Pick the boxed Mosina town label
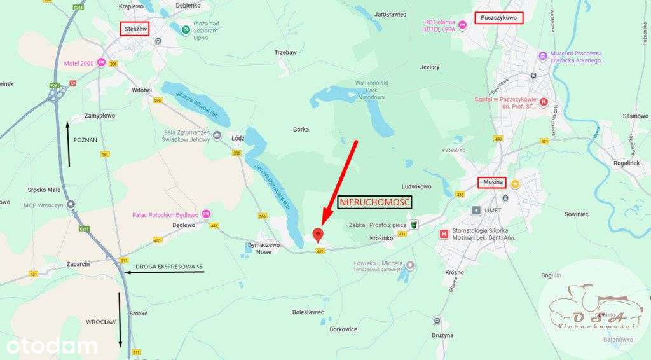click(x=492, y=183)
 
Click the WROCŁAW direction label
click(x=102, y=322)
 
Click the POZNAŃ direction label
click(x=85, y=139)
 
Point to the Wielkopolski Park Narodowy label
click(x=373, y=90)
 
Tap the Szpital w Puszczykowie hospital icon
click(x=544, y=102)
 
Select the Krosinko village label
click(x=380, y=239)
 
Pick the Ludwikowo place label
click(x=416, y=186)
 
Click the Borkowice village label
click(x=343, y=329)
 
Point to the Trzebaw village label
click(x=285, y=52)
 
